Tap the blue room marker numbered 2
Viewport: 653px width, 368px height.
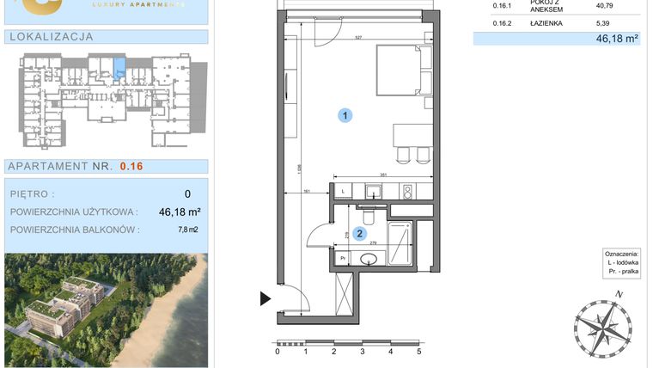(x=360, y=232)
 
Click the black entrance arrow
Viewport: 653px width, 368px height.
(x=265, y=298)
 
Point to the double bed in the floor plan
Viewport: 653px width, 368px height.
(x=401, y=71)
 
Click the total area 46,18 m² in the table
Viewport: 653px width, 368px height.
(x=618, y=39)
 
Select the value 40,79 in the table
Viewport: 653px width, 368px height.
(x=606, y=6)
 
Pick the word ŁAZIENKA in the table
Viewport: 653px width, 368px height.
(x=546, y=23)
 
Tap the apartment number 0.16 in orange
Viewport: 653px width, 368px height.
(x=131, y=166)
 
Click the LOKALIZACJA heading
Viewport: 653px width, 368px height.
(x=50, y=37)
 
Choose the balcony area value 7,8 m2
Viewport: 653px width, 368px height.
(x=187, y=230)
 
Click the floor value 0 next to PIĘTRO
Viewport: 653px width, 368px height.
(x=187, y=194)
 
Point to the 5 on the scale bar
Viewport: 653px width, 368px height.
(x=418, y=351)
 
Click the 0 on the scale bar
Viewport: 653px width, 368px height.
(x=278, y=351)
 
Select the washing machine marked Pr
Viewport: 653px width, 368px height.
(x=342, y=256)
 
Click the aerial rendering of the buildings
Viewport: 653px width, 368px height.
(x=105, y=310)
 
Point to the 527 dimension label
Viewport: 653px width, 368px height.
(x=359, y=37)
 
